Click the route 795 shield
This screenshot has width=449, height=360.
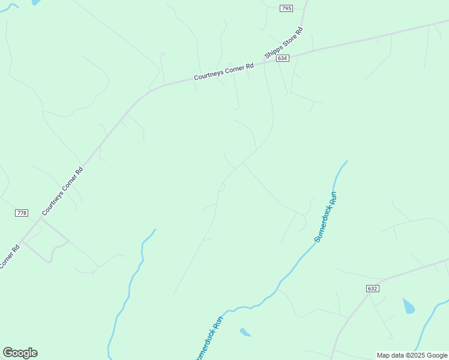[286, 8]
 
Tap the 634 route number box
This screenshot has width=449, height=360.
[283, 58]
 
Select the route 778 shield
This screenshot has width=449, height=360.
[22, 213]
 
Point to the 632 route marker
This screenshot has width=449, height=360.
[372, 289]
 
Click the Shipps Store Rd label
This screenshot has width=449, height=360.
[284, 43]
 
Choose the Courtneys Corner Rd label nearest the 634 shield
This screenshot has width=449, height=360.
[224, 72]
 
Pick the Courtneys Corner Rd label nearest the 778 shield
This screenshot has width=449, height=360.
[62, 191]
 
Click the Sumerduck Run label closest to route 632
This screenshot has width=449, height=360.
[326, 217]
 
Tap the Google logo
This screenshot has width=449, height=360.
[20, 353]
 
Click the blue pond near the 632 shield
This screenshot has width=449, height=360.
[409, 306]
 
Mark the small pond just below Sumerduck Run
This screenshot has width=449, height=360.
[245, 332]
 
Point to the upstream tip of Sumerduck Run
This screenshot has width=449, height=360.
[346, 161]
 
